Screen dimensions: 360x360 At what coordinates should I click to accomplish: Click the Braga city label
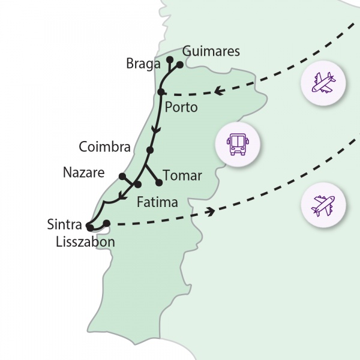(x=143, y=64)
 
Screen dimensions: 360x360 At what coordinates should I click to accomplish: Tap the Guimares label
(x=211, y=52)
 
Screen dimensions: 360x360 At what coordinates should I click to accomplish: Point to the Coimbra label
(x=104, y=147)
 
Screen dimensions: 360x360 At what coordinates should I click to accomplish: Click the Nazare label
(x=83, y=173)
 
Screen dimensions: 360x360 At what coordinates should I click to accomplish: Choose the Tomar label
(x=182, y=176)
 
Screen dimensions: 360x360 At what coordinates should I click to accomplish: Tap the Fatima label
(x=157, y=202)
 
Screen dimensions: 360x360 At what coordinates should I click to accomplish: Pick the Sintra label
(x=64, y=226)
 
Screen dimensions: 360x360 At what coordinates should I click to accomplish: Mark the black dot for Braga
(x=170, y=59)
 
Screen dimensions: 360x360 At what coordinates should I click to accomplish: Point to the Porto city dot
(x=161, y=92)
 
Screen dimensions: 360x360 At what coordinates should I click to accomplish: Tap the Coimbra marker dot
(x=150, y=150)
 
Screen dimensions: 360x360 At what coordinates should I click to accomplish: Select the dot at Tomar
(x=159, y=182)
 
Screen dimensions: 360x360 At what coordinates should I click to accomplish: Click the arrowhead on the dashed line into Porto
(x=218, y=92)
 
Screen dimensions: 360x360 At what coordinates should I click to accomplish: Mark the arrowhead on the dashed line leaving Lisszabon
(x=211, y=211)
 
